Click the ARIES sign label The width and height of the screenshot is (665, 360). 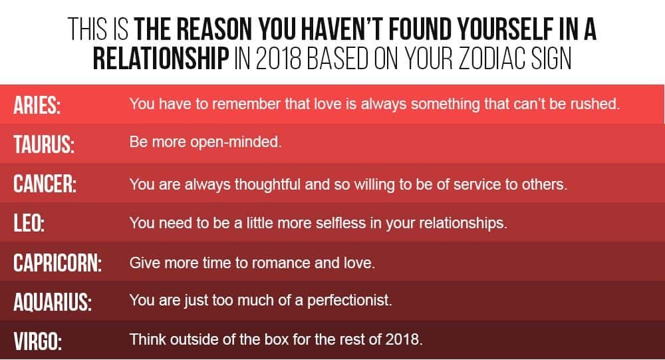click(x=37, y=105)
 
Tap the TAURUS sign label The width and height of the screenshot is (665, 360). click(x=44, y=144)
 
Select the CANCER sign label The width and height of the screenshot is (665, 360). click(x=45, y=184)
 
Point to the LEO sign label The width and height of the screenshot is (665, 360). click(x=29, y=223)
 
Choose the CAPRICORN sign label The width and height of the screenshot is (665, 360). click(x=57, y=263)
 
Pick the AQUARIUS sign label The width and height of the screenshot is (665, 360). click(x=53, y=302)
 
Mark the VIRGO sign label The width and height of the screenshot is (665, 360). click(x=37, y=341)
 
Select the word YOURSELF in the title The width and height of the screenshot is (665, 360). click(x=505, y=29)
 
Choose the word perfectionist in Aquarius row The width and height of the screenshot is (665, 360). click(x=349, y=301)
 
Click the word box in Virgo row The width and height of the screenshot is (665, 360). click(x=277, y=339)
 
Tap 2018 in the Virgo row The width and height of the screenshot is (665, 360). click(x=404, y=339)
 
